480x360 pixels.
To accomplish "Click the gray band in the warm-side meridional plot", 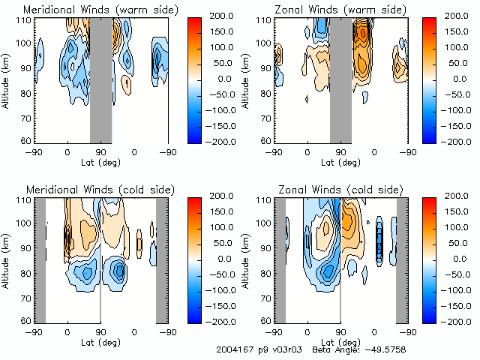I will [x=100, y=79].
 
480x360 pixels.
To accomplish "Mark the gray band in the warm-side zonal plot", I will [x=340, y=79].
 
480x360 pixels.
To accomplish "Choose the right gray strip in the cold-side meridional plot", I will [x=161, y=259].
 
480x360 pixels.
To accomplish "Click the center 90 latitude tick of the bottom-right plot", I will [x=340, y=331].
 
